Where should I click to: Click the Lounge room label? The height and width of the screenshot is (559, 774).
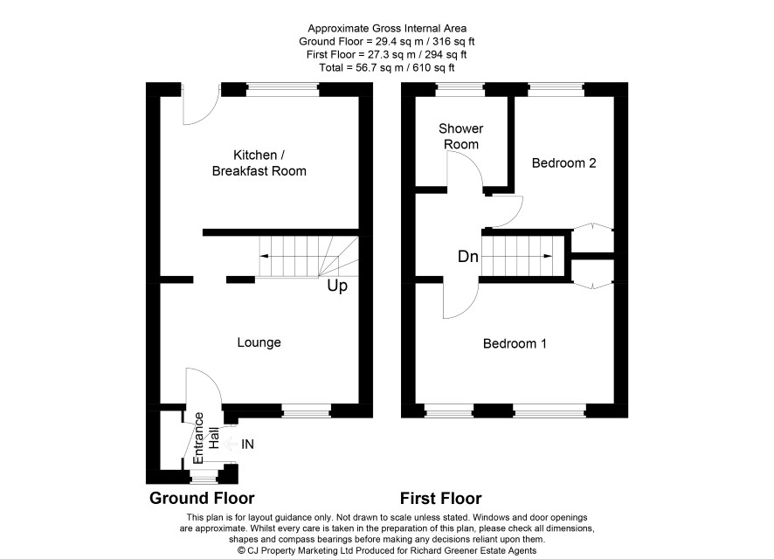pyautogui.click(x=259, y=343)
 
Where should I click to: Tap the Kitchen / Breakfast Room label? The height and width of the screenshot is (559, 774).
pyautogui.click(x=259, y=162)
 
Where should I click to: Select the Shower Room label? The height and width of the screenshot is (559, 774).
pyautogui.click(x=461, y=136)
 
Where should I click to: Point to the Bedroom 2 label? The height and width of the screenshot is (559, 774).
pyautogui.click(x=563, y=162)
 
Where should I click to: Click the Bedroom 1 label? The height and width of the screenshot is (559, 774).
pyautogui.click(x=515, y=343)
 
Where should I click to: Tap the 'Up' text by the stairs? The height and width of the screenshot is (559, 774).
pyautogui.click(x=337, y=286)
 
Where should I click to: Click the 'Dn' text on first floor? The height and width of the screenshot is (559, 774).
pyautogui.click(x=468, y=257)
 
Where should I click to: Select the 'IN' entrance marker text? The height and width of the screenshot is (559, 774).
pyautogui.click(x=247, y=445)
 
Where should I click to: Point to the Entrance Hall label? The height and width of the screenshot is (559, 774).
pyautogui.click(x=205, y=438)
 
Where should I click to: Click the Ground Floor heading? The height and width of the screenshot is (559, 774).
pyautogui.click(x=202, y=499)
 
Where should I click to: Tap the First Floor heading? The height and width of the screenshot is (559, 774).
pyautogui.click(x=441, y=499)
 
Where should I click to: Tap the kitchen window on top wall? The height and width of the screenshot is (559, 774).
pyautogui.click(x=282, y=89)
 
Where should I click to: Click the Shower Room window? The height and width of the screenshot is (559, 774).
pyautogui.click(x=460, y=89)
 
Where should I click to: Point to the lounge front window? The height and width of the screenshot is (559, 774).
pyautogui.click(x=307, y=411)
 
